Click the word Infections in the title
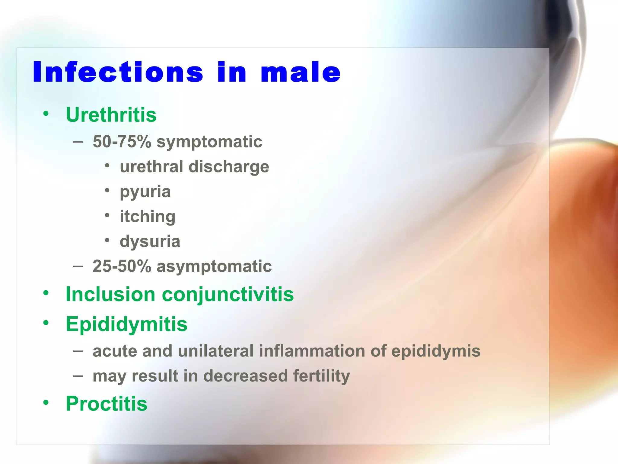[118, 72]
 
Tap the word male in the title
[301, 72]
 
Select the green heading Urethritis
[111, 115]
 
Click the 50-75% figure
[122, 141]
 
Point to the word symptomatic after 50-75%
[209, 142]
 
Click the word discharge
[228, 167]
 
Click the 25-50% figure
[122, 266]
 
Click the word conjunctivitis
[228, 295]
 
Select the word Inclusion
[110, 294]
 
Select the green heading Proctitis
[107, 404]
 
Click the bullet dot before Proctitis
[46, 402]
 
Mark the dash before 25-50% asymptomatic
[78, 266]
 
